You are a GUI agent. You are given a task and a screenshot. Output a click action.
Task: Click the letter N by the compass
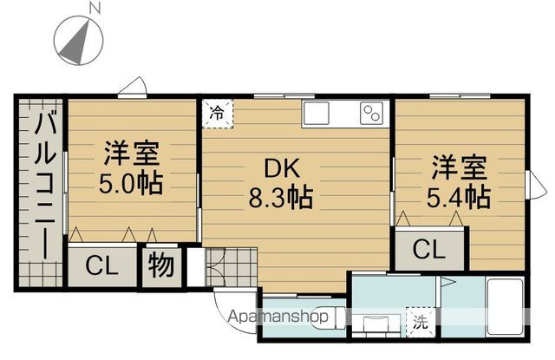95,8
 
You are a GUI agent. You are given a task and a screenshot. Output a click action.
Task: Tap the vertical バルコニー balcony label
45,184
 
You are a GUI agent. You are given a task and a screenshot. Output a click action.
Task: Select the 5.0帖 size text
131,183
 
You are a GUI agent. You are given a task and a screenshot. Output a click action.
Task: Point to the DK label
282,168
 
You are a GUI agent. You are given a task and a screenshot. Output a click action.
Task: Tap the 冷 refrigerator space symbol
218,114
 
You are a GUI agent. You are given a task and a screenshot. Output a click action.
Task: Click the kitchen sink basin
316,114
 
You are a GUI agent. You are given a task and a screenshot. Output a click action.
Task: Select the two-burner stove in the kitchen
371,114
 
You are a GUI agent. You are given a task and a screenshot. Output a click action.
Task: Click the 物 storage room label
161,265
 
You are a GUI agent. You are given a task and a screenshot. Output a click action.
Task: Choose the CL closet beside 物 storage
101,265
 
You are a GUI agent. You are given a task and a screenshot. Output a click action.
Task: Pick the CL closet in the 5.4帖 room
428,249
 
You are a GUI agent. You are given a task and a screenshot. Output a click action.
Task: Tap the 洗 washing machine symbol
421,322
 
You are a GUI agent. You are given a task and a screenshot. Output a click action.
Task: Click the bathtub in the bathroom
505,306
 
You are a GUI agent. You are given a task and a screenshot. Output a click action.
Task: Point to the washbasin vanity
376,324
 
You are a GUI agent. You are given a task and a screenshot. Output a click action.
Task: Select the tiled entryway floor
232,267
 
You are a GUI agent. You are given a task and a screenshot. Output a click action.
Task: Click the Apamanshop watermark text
277,316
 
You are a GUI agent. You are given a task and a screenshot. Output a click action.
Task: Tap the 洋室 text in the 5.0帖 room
131,154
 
